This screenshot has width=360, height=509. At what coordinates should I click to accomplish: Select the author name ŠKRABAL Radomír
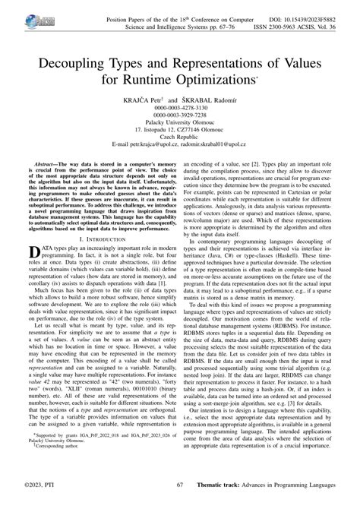click(211, 100)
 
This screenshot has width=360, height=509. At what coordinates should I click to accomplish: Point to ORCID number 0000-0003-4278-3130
click(180, 109)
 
